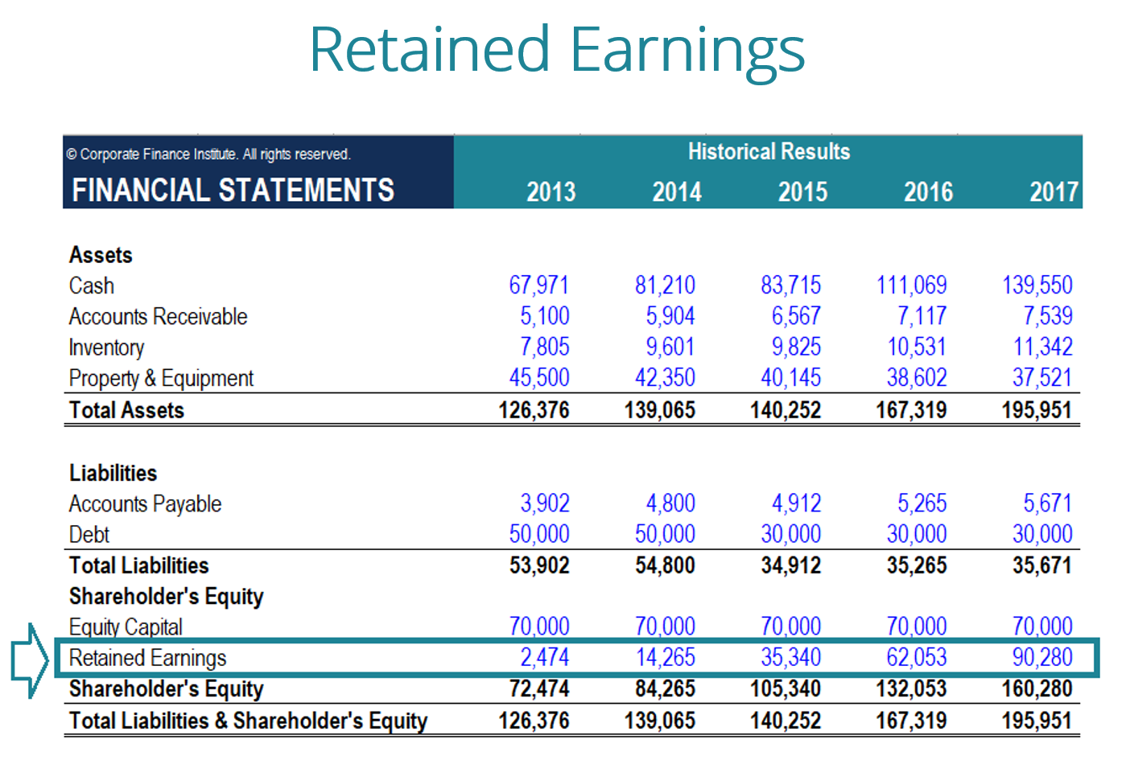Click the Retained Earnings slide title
coord(557,50)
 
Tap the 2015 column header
coord(802,191)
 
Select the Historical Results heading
coord(769,151)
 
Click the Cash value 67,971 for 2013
coord(538,286)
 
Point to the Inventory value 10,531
coord(916,347)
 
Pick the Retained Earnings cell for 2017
coord(1042,658)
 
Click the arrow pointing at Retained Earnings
coord(31,659)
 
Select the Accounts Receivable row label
coord(158,317)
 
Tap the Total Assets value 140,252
coord(786,410)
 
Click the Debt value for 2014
coord(665,534)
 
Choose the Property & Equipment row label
coord(161,378)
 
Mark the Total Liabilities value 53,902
coord(538,565)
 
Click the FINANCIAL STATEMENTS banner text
coord(233,191)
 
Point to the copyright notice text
coord(208,154)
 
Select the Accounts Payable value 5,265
coord(922,503)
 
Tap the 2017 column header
coord(1054,191)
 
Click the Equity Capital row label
coord(126,627)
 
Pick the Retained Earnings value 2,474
coord(544,658)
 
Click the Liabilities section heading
coord(113,473)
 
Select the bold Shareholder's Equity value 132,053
coord(911,689)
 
